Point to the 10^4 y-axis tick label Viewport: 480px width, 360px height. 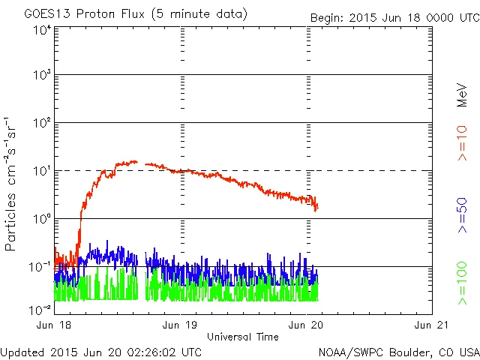(x=41, y=30)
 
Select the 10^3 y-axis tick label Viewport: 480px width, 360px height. (x=41, y=76)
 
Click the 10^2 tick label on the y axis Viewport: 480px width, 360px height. (x=41, y=123)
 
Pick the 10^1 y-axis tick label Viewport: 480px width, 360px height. (x=41, y=171)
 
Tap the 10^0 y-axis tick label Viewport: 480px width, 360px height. (x=41, y=218)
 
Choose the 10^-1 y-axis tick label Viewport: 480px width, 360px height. (x=40, y=266)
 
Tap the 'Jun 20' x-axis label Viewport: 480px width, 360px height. (x=306, y=325)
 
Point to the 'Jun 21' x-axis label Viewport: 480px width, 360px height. (x=430, y=325)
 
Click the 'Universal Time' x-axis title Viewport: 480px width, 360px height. (x=242, y=337)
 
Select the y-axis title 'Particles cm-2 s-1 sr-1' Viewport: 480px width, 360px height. (x=13, y=183)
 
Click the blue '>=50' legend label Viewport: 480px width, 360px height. (x=462, y=214)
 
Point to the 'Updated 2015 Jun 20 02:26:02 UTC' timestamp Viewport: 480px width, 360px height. (x=101, y=351)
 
